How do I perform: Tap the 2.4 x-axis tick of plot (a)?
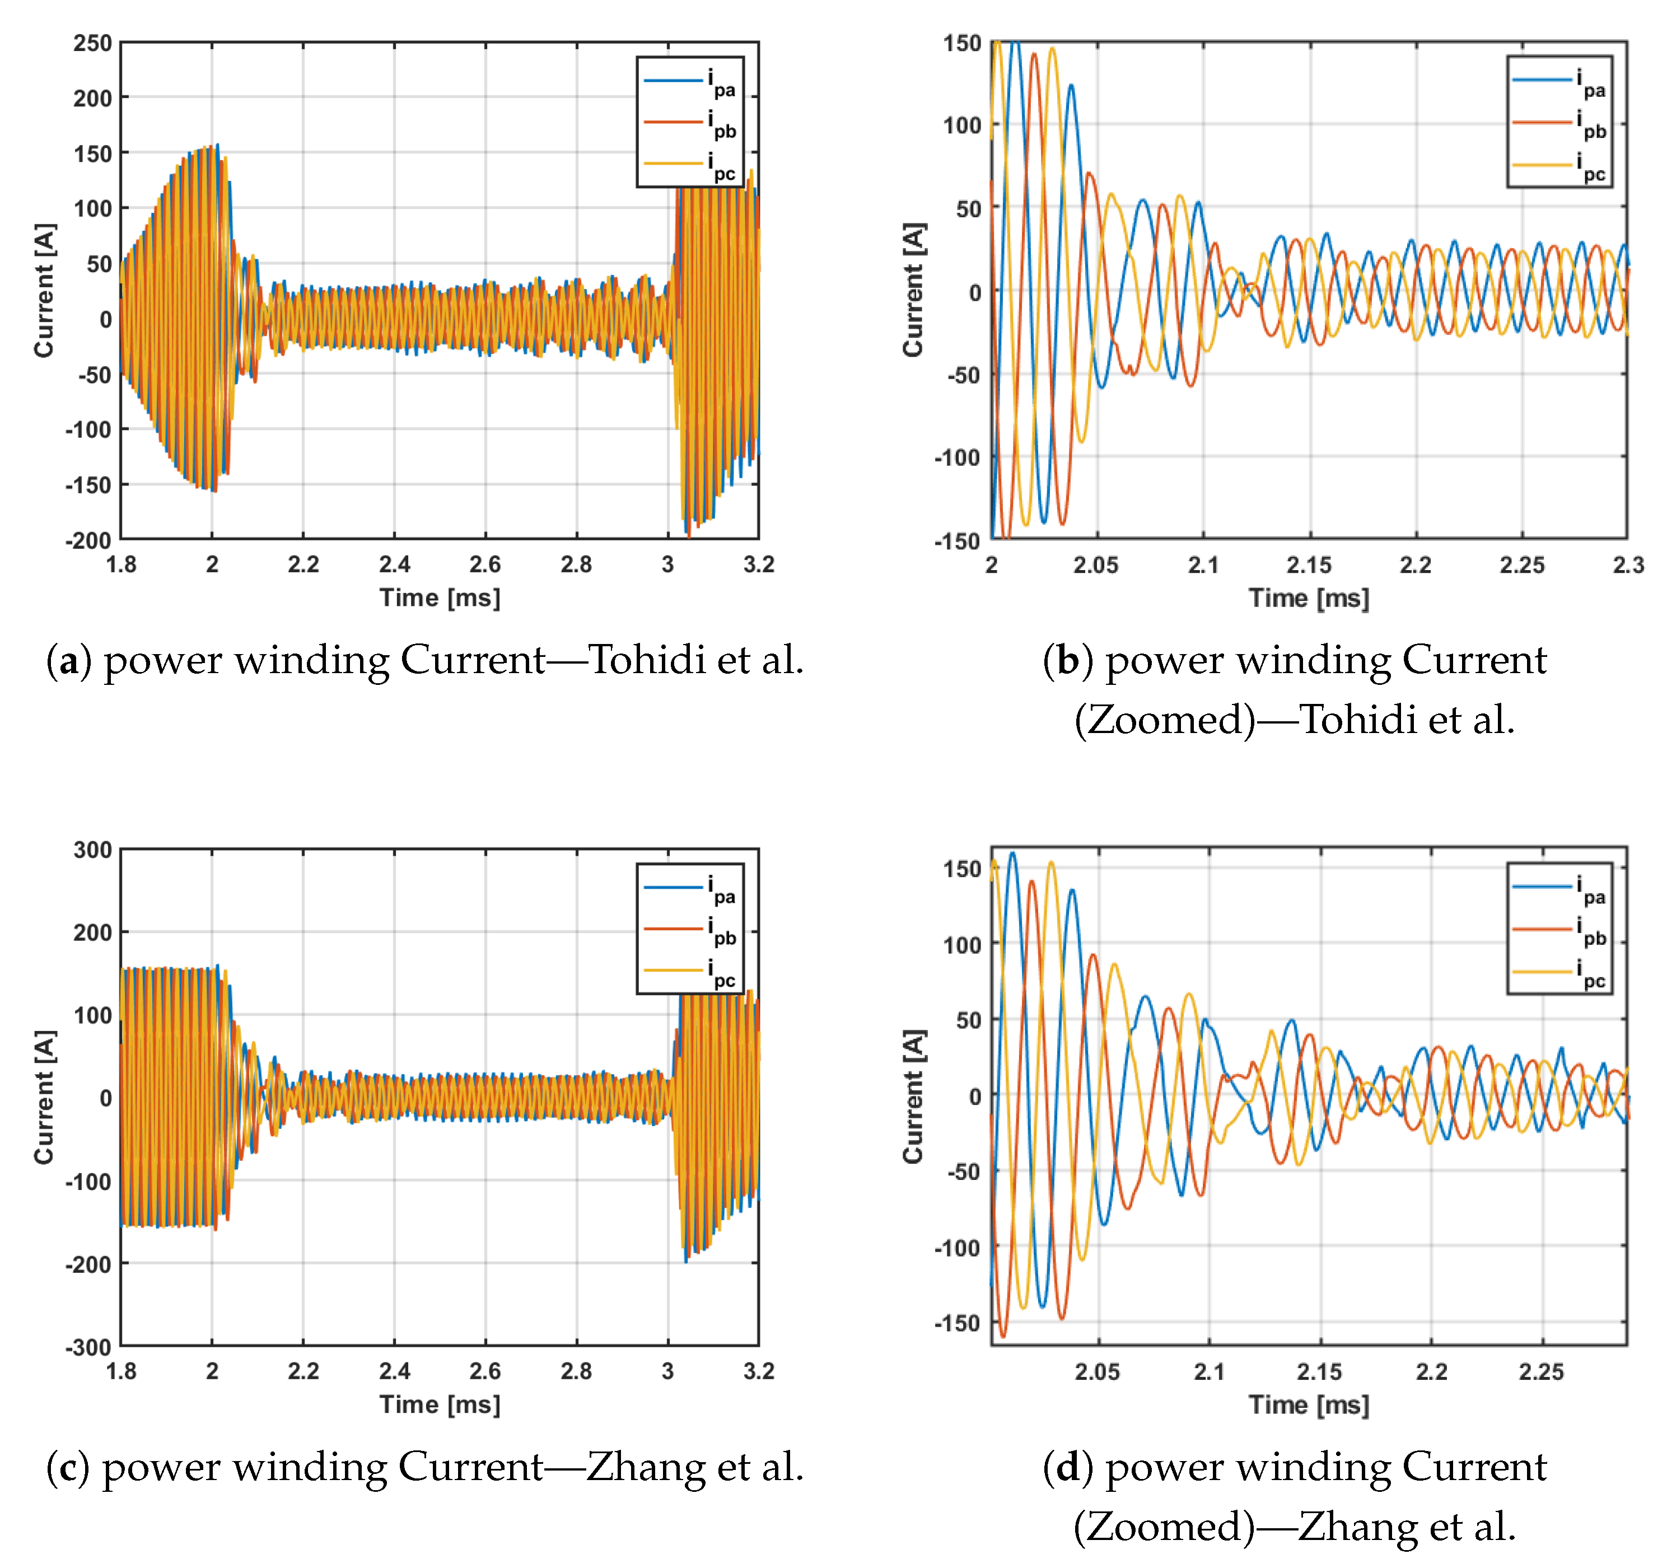click(394, 564)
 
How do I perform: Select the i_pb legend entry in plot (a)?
click(690, 124)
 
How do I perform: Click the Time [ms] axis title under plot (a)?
click(440, 598)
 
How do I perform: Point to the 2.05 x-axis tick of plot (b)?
click(1096, 565)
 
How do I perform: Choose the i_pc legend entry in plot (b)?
click(1559, 166)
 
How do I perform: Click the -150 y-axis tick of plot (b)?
click(957, 541)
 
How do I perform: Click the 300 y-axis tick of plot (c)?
click(92, 850)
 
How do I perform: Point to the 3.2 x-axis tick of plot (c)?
click(758, 1371)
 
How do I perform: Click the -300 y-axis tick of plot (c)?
click(89, 1347)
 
